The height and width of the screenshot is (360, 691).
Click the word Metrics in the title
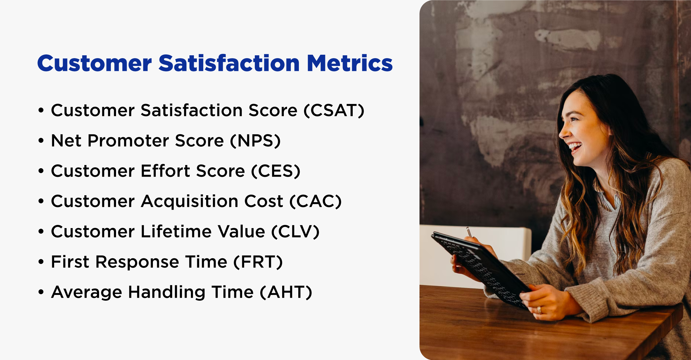pos(350,63)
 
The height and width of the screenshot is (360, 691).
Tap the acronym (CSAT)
pos(334,111)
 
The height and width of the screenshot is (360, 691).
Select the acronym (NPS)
pos(255,141)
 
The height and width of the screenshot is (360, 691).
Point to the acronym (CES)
pos(276,171)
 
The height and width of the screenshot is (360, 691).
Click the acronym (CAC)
pos(316,201)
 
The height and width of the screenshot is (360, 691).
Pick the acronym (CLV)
pos(295,232)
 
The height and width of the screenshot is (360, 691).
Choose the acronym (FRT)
pos(258,262)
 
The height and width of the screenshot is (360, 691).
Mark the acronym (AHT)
pos(286,292)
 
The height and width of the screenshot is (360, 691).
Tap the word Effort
pos(165,171)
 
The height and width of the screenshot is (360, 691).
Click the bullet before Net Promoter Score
pos(41,141)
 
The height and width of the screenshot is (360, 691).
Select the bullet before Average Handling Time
pos(41,292)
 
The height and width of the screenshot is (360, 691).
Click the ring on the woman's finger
pos(539,310)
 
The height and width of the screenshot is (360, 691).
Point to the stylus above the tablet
pos(469,232)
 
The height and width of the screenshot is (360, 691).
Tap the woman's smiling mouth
pos(575,147)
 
